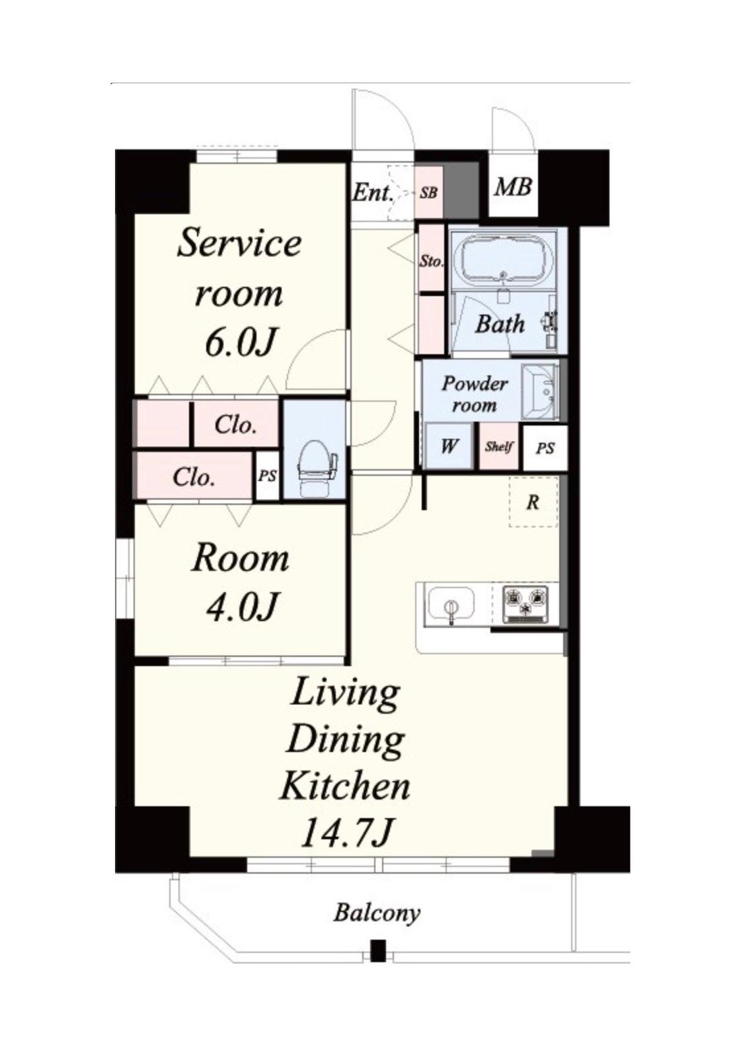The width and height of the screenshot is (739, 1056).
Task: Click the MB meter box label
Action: (x=513, y=188)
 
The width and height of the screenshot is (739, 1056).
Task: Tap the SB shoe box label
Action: (x=429, y=192)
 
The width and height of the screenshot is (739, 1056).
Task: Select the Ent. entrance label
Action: (x=373, y=193)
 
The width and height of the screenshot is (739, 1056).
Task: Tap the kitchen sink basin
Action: (x=451, y=603)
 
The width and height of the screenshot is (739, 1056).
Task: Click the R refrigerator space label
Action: (x=533, y=502)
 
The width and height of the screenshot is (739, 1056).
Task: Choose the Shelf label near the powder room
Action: (x=499, y=446)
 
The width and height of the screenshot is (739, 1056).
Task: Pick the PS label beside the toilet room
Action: (x=267, y=476)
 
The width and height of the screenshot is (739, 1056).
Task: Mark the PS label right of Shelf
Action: (x=545, y=448)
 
